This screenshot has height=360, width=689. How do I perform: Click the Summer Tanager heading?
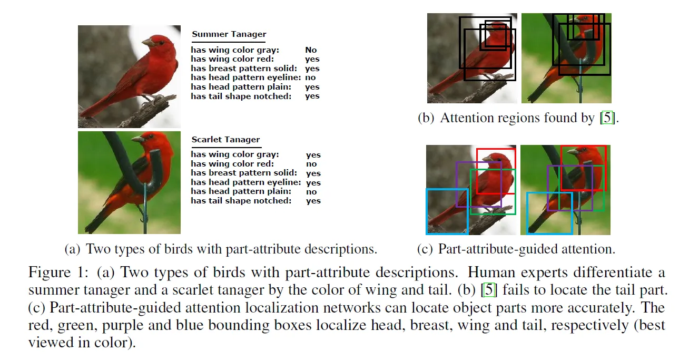click(229, 34)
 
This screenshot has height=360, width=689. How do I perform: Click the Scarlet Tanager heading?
click(225, 140)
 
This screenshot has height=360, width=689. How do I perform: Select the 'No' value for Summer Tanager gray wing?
click(311, 51)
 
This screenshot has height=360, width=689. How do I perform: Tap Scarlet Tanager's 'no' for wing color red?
click(311, 164)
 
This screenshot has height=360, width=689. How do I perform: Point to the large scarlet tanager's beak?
click(136, 139)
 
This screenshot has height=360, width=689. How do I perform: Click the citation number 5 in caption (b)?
click(608, 118)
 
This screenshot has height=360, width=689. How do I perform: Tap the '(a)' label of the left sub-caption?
click(73, 249)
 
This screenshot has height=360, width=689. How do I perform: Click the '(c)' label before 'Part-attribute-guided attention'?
click(425, 249)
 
